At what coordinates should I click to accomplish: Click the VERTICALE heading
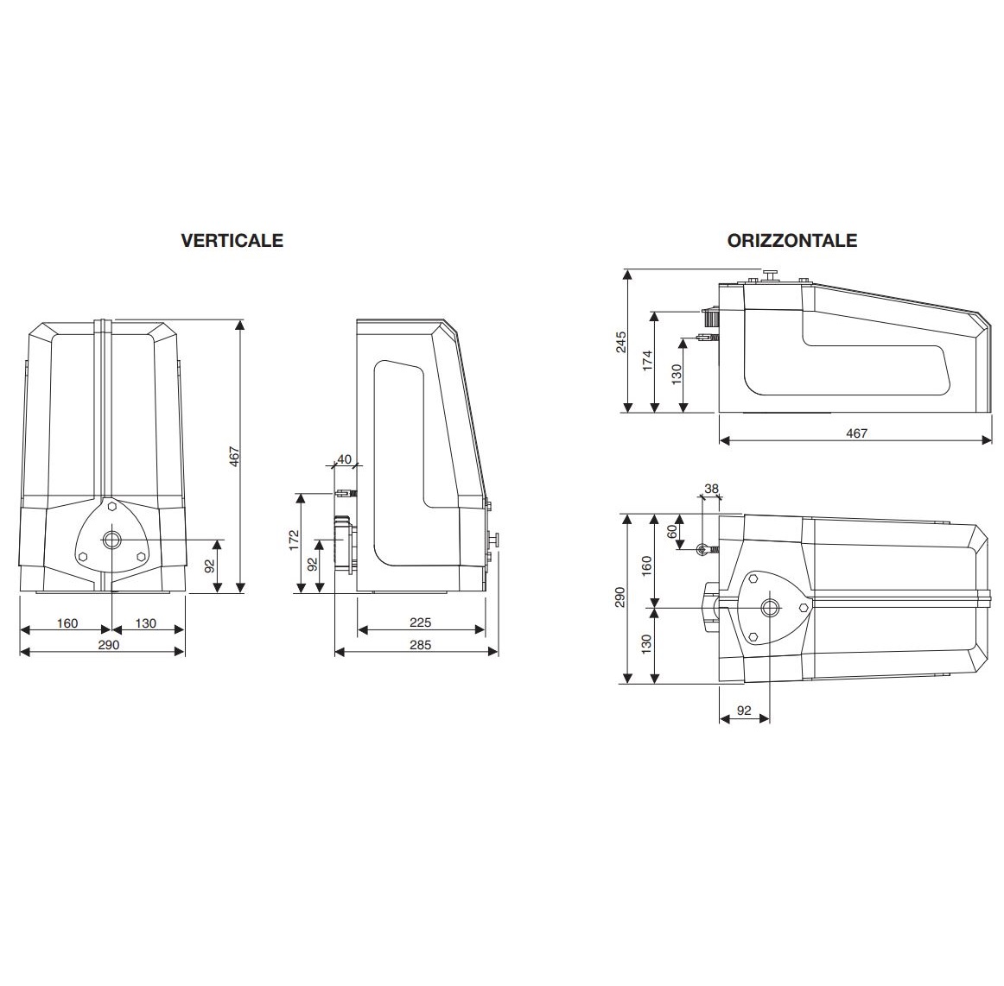click(232, 240)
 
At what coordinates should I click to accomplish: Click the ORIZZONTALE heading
click(792, 240)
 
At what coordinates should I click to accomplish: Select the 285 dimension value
click(419, 644)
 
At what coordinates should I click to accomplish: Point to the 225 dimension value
click(421, 623)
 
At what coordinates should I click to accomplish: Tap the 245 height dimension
click(620, 342)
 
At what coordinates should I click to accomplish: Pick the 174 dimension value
click(648, 361)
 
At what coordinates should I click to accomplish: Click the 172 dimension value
click(294, 541)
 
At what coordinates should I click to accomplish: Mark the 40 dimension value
click(344, 458)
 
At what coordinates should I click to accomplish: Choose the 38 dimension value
click(711, 489)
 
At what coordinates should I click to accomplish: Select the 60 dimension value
click(673, 531)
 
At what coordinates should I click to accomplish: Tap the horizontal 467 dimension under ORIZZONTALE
click(855, 433)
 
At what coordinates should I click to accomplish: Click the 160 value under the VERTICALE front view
click(67, 623)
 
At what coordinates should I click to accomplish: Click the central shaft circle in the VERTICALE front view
click(112, 540)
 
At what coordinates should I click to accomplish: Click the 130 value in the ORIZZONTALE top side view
click(677, 373)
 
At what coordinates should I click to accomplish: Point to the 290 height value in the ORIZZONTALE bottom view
click(620, 598)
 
